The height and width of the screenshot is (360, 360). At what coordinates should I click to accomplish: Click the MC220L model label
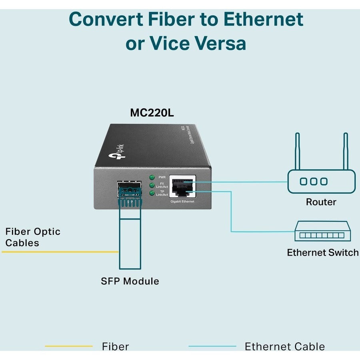152,112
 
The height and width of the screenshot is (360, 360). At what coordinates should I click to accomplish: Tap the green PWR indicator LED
152,177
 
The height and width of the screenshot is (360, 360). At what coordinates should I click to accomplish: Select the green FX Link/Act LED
152,185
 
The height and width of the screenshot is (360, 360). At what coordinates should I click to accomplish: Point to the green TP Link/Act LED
152,194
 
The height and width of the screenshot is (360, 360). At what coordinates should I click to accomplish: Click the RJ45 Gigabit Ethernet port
182,186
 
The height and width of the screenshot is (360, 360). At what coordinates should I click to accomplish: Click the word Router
321,202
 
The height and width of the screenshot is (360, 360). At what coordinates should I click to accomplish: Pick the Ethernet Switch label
322,253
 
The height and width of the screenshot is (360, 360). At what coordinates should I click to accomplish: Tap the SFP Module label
130,281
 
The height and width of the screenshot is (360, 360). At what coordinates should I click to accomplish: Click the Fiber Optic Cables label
32,237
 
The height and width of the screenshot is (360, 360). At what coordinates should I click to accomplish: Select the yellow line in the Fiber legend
68,346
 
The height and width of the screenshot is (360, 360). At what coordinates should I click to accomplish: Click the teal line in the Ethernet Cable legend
212,346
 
